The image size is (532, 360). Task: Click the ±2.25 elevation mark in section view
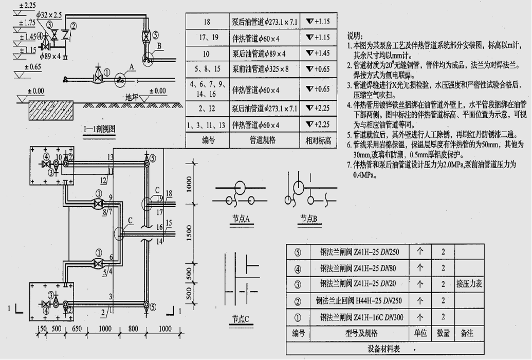27,6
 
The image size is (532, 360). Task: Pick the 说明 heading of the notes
355,36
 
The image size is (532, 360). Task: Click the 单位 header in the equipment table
420,333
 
